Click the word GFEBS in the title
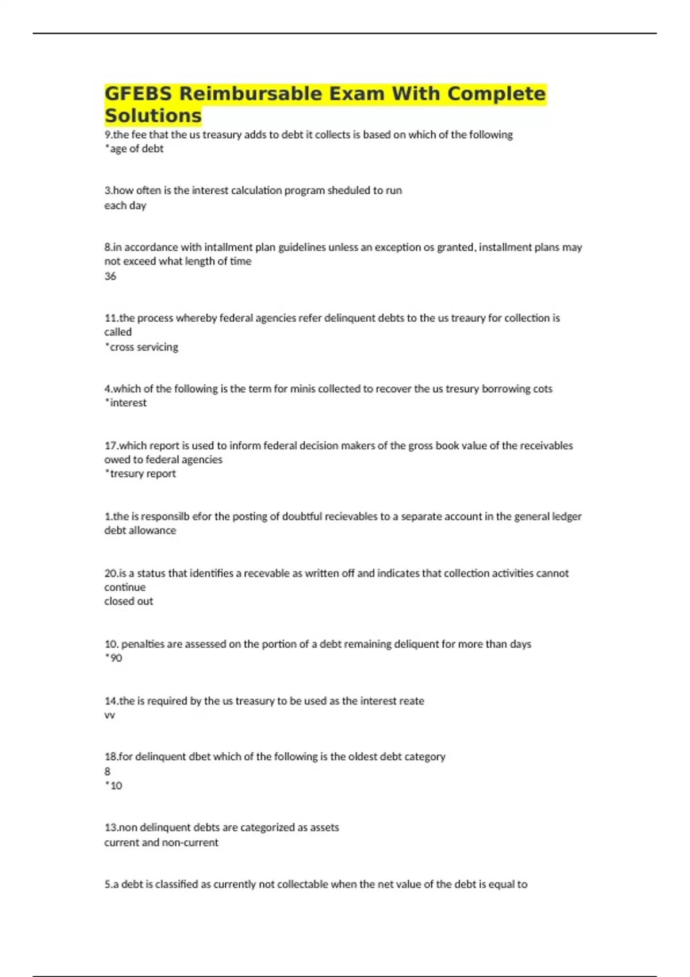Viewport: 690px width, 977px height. pos(138,94)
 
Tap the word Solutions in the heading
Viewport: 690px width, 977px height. pos(153,116)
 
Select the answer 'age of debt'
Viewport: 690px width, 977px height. pos(136,149)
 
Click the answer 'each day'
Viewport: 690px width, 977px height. pos(125,206)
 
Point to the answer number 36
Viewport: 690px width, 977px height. pos(110,276)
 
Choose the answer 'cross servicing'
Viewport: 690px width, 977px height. pos(143,347)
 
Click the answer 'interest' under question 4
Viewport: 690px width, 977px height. pos(128,403)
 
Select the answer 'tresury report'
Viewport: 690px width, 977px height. pos(142,474)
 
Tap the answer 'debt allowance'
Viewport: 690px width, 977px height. pos(140,530)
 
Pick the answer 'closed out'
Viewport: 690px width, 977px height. pos(129,601)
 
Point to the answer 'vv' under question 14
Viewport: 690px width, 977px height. pos(109,716)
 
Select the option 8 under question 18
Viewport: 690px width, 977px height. pos(108,771)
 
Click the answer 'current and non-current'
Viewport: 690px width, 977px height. pos(162,843)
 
